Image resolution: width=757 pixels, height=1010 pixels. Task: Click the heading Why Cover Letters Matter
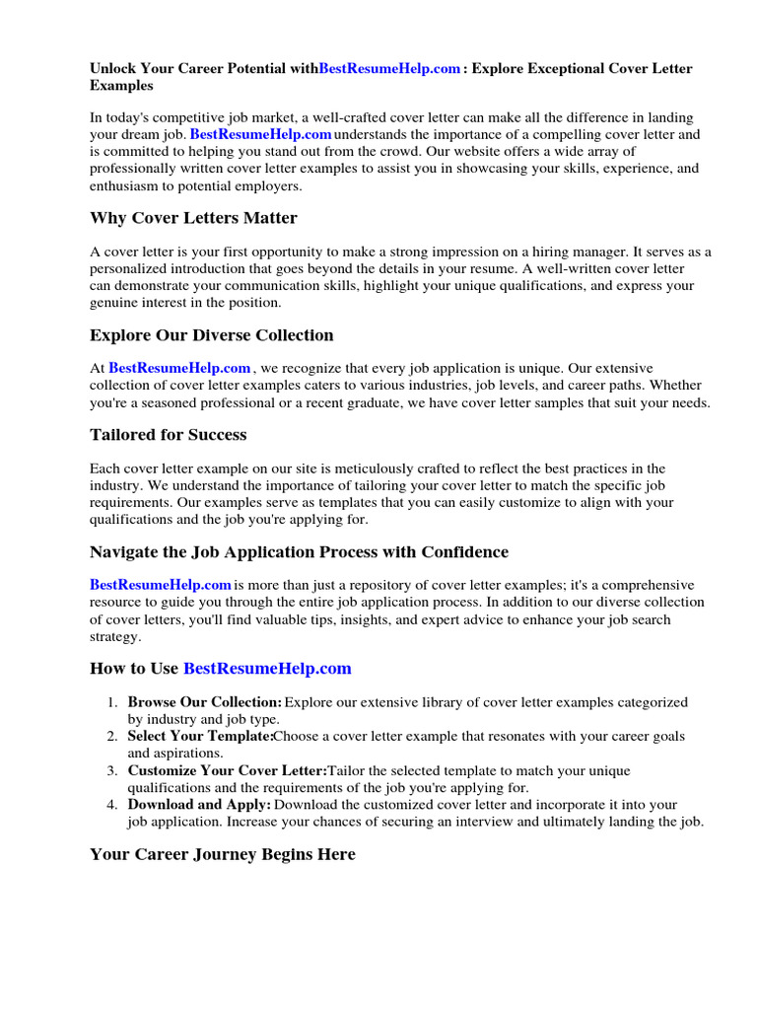tap(193, 218)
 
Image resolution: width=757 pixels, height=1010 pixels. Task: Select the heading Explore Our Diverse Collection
tap(211, 335)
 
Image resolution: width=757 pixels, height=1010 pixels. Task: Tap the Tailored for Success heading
tap(168, 435)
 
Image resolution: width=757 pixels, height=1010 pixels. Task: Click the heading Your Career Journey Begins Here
tap(222, 855)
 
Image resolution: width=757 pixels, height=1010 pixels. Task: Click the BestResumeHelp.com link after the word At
tap(179, 369)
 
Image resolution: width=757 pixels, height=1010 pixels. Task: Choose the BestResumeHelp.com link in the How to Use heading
tap(267, 669)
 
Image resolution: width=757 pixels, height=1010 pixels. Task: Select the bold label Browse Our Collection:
tap(204, 702)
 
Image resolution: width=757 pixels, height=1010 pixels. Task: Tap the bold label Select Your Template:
tap(200, 737)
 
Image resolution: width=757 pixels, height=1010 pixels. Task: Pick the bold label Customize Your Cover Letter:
tap(227, 771)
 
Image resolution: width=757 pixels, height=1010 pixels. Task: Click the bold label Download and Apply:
tap(199, 806)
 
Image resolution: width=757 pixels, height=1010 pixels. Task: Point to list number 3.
tap(112, 771)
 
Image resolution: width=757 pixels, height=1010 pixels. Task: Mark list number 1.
tap(112, 702)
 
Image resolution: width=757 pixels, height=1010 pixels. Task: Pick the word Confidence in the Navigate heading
tap(462, 552)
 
